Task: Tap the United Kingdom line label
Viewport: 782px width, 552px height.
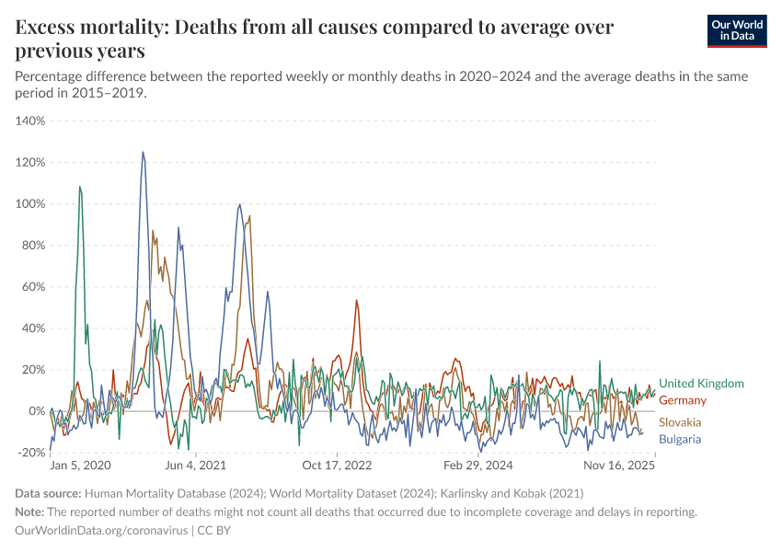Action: click(701, 384)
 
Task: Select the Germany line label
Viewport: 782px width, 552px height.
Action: click(683, 400)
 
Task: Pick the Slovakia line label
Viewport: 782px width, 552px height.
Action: click(680, 422)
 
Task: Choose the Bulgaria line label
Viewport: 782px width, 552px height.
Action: click(680, 440)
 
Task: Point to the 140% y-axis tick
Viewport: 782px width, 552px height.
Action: click(30, 121)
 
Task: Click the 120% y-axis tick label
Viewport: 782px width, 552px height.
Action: click(30, 162)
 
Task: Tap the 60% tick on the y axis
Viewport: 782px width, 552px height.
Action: click(33, 286)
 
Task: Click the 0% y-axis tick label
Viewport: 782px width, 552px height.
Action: click(37, 410)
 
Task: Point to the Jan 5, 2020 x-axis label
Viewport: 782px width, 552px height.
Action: click(80, 466)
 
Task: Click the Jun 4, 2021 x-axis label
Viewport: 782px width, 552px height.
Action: click(195, 466)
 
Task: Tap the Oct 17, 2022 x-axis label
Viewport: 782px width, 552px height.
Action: click(339, 466)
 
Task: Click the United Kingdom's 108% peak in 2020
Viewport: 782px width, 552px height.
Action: click(80, 187)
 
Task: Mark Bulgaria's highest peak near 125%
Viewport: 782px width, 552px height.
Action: click(143, 153)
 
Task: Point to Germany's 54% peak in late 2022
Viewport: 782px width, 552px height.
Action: click(357, 300)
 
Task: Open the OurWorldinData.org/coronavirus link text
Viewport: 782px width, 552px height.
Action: click(100, 531)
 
